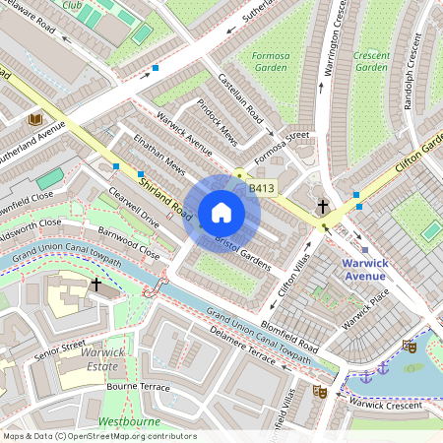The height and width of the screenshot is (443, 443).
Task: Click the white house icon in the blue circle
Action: click(221, 212)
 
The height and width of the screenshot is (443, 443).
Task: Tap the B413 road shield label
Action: click(261, 187)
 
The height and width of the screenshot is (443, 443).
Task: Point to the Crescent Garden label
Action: click(371, 61)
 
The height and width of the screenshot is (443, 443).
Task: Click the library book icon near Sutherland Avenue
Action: click(35, 119)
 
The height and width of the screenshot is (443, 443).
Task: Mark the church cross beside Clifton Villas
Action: click(323, 207)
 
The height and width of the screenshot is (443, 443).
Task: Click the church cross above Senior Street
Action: click(95, 284)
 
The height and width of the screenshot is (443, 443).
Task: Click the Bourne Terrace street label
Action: click(139, 386)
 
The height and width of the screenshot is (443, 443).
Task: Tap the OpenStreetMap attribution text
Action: click(99, 435)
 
